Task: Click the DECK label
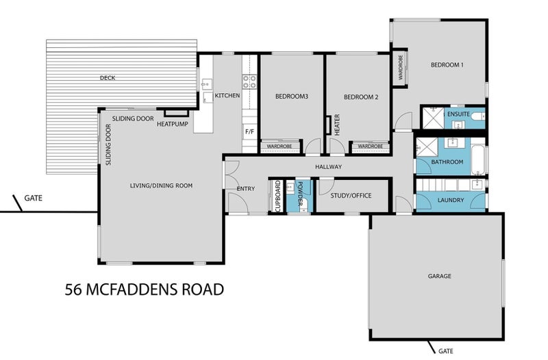point(107,78)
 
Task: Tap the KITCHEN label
point(227,96)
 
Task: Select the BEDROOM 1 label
point(447,65)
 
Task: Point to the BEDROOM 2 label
point(361,97)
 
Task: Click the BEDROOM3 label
point(291,97)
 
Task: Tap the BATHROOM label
point(447,162)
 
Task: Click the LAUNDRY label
point(450,200)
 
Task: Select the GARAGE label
point(439,277)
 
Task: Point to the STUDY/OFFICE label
point(351,196)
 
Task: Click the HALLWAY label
point(328,167)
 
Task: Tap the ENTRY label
point(245,189)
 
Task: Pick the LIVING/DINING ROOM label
point(162,185)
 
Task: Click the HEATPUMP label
point(172,124)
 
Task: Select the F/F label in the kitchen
point(249,130)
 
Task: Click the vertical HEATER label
point(337,125)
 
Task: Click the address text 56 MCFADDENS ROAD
point(145,289)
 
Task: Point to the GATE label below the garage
point(446,351)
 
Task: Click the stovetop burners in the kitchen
point(251,82)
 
